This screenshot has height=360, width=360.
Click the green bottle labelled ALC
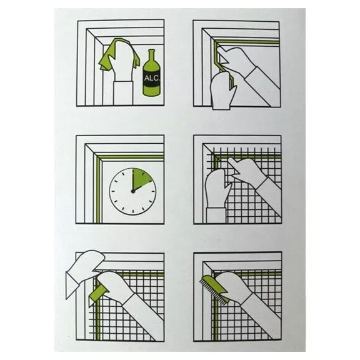[151, 76]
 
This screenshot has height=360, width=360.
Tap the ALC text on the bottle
[151, 78]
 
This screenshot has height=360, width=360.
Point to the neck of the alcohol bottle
[151, 56]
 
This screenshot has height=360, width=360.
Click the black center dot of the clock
[132, 191]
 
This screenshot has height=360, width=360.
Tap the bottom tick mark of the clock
[132, 211]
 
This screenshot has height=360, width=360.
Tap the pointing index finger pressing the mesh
[236, 165]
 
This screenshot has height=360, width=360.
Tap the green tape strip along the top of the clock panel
[130, 157]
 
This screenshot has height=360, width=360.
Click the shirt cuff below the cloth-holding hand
[123, 92]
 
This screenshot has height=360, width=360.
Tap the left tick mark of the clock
[112, 191]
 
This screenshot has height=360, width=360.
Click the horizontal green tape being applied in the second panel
[247, 42]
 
